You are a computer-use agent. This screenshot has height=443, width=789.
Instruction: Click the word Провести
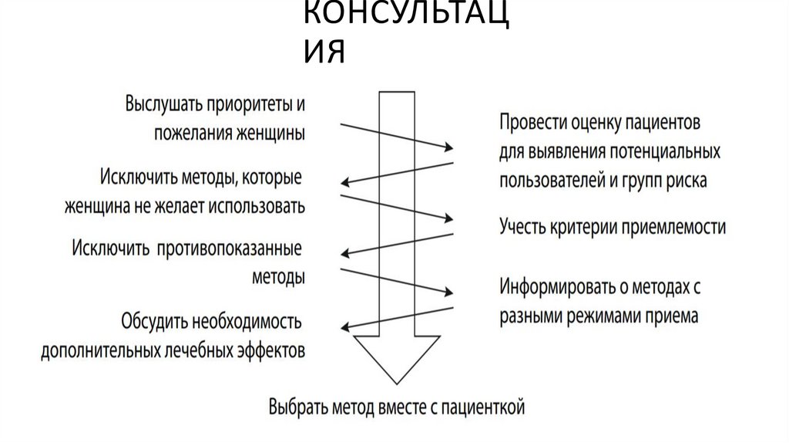tap(532, 123)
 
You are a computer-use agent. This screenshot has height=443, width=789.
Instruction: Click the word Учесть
tap(522, 227)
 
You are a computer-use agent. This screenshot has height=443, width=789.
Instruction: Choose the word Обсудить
tap(154, 320)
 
